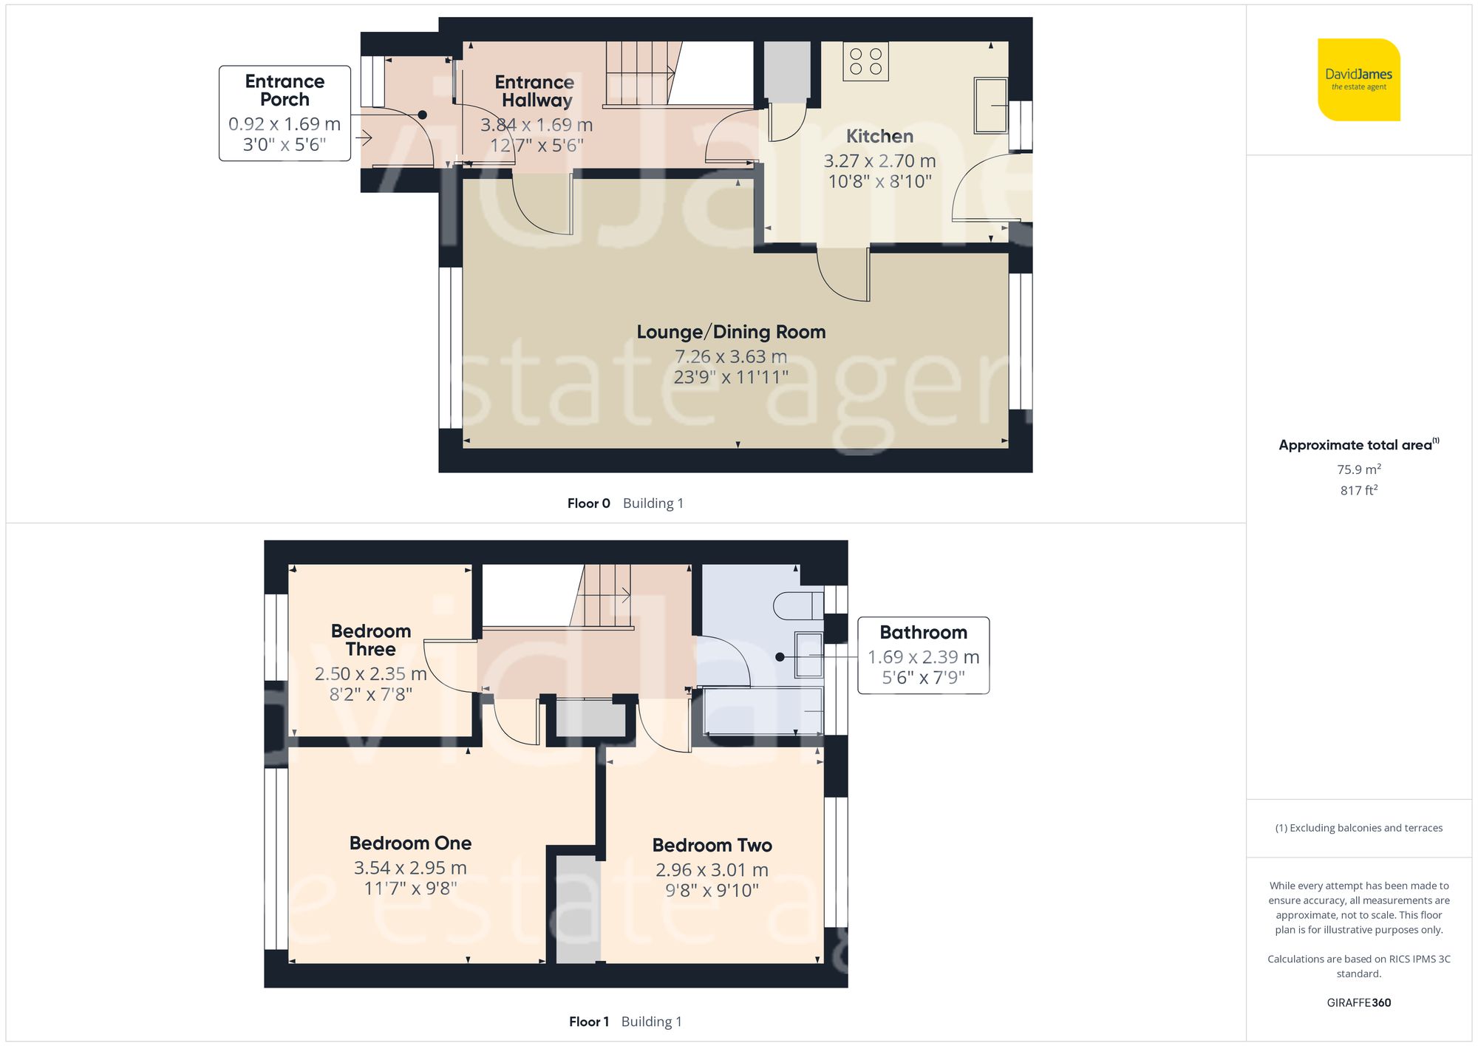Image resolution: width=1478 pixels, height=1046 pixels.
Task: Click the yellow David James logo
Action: tap(1358, 80)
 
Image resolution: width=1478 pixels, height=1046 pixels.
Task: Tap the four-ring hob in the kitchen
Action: tap(865, 61)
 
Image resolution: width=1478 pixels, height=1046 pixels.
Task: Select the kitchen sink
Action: tap(990, 106)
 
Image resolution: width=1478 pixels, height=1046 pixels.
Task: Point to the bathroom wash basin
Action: tap(808, 655)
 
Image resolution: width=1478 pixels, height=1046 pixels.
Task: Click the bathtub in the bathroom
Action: tap(763, 711)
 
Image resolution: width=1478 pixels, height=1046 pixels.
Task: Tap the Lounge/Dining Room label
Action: tap(731, 332)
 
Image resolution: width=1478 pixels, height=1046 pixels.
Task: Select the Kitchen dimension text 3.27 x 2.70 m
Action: tap(879, 160)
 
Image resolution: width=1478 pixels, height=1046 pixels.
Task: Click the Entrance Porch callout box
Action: tap(285, 113)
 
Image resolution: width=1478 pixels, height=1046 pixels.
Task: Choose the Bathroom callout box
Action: tap(923, 655)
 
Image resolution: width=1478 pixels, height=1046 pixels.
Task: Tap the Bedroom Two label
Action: tap(712, 845)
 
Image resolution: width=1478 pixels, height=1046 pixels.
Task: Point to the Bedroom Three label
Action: tap(370, 640)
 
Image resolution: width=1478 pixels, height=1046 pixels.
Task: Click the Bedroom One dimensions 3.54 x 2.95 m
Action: tap(410, 868)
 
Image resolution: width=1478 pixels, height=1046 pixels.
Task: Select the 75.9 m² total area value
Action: tap(1358, 469)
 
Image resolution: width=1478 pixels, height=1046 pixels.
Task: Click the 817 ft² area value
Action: tap(1358, 490)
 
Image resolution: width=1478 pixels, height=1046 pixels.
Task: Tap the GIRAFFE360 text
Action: tap(1358, 1002)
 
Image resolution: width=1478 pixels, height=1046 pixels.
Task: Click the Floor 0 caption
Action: tap(588, 503)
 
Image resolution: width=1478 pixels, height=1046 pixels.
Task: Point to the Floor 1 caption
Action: tap(588, 1022)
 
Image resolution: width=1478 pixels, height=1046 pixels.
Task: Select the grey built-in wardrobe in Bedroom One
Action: tap(577, 909)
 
